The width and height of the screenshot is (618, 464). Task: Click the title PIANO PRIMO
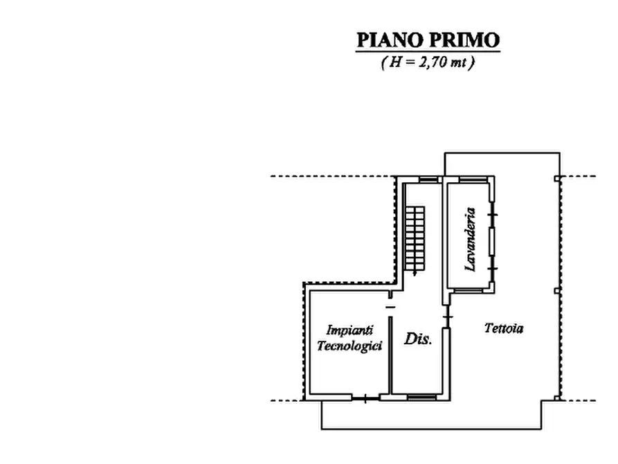tap(428, 40)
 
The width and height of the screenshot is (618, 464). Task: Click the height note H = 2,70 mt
tap(428, 62)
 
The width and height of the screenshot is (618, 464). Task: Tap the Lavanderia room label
tap(471, 239)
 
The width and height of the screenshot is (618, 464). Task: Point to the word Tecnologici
tap(350, 346)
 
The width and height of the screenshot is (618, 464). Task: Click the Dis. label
tap(418, 339)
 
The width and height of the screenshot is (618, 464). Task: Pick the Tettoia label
tap(503, 329)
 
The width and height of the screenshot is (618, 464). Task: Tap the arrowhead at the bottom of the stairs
tap(414, 274)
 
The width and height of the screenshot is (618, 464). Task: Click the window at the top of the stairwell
tap(428, 179)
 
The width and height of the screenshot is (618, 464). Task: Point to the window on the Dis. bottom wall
tap(421, 398)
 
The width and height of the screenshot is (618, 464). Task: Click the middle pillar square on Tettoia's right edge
tap(557, 290)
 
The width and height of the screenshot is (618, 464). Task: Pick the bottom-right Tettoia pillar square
tap(557, 398)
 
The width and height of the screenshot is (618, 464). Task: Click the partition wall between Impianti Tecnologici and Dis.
tap(390, 353)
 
